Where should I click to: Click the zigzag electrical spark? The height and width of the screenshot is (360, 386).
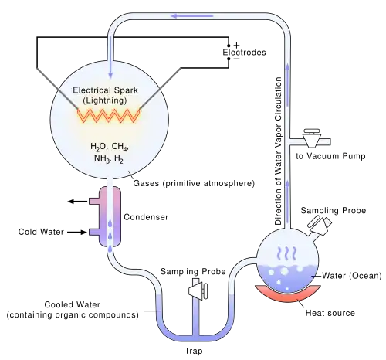coord(109,115)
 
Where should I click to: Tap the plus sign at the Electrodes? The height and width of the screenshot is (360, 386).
coord(236,46)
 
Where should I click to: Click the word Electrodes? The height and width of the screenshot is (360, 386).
coord(244,53)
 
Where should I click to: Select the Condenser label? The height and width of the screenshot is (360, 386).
coord(146,217)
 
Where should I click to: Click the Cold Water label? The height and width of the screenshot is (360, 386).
coord(41,232)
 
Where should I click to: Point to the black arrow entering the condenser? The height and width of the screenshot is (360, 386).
coord(77,233)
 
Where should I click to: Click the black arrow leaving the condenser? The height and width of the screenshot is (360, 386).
coord(77,202)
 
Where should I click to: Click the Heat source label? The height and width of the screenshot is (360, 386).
coord(330,313)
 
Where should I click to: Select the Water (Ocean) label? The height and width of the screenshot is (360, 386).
coord(352,276)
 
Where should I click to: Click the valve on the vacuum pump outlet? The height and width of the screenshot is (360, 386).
coord(311,138)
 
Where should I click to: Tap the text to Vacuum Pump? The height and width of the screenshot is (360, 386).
coord(330,156)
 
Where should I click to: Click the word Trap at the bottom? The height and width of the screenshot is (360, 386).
coord(194,351)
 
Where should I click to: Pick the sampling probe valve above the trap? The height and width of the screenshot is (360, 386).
coord(198,291)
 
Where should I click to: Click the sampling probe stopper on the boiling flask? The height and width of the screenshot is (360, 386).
coord(320,225)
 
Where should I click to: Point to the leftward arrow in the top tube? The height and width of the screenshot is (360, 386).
coord(192,16)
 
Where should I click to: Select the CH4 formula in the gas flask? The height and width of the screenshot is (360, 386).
coord(120,147)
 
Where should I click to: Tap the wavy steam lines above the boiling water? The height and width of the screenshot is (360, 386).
coord(287,253)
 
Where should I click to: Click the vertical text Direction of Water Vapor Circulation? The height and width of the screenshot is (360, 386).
coord(278,151)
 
